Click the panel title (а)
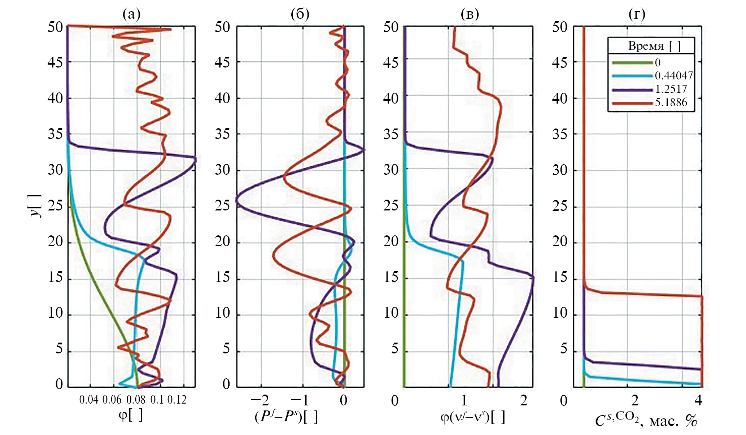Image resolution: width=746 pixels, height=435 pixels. pyautogui.click(x=131, y=14)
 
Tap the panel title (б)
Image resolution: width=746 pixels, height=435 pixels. pyautogui.click(x=300, y=14)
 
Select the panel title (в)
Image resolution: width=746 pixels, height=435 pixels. pyautogui.click(x=470, y=14)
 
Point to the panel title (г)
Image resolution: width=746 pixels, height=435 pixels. pyautogui.click(x=637, y=14)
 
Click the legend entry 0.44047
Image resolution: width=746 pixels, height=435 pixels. pyautogui.click(x=674, y=75)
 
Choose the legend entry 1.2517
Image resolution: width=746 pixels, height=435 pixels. pyautogui.click(x=671, y=89)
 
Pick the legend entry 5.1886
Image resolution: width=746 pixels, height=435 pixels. pyautogui.click(x=671, y=102)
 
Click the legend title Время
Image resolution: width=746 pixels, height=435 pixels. pyautogui.click(x=646, y=46)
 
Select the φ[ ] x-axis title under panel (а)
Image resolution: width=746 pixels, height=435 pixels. pyautogui.click(x=131, y=415)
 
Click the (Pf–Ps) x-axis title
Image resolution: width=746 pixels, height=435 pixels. pyautogui.click(x=286, y=417)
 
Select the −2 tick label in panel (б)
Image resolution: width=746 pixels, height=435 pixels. pyautogui.click(x=260, y=400)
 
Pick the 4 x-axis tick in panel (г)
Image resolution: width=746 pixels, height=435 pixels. pyautogui.click(x=698, y=400)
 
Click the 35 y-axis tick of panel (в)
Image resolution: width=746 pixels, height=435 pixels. pyautogui.click(x=391, y=134)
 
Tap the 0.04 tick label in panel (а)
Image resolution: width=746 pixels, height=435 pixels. pyautogui.click(x=89, y=400)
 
